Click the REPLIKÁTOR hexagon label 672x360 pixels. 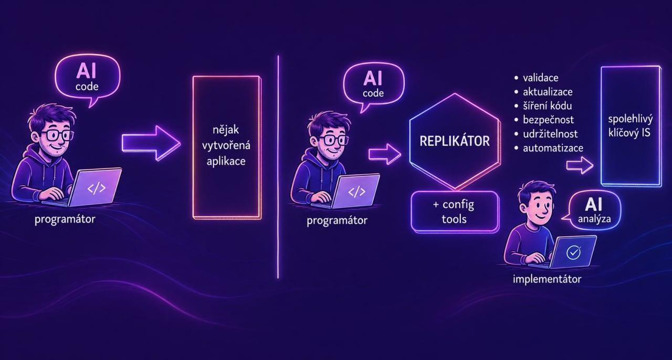[455, 141]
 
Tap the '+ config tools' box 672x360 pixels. [455, 212]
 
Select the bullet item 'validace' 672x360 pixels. [540, 78]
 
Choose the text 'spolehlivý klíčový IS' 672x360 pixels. [631, 126]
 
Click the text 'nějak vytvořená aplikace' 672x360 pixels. [226, 145]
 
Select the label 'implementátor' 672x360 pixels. [547, 279]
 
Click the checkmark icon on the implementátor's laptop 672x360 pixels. [573, 253]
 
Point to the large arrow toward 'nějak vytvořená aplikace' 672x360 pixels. [151, 143]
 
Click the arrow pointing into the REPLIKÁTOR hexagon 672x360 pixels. [385, 154]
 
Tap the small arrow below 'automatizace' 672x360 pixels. [580, 165]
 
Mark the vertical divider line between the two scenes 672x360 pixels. [278, 167]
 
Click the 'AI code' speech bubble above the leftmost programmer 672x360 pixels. [87, 79]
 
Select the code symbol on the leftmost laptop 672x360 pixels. [96, 188]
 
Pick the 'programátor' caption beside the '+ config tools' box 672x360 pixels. [337, 221]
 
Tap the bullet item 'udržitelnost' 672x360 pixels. [550, 134]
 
